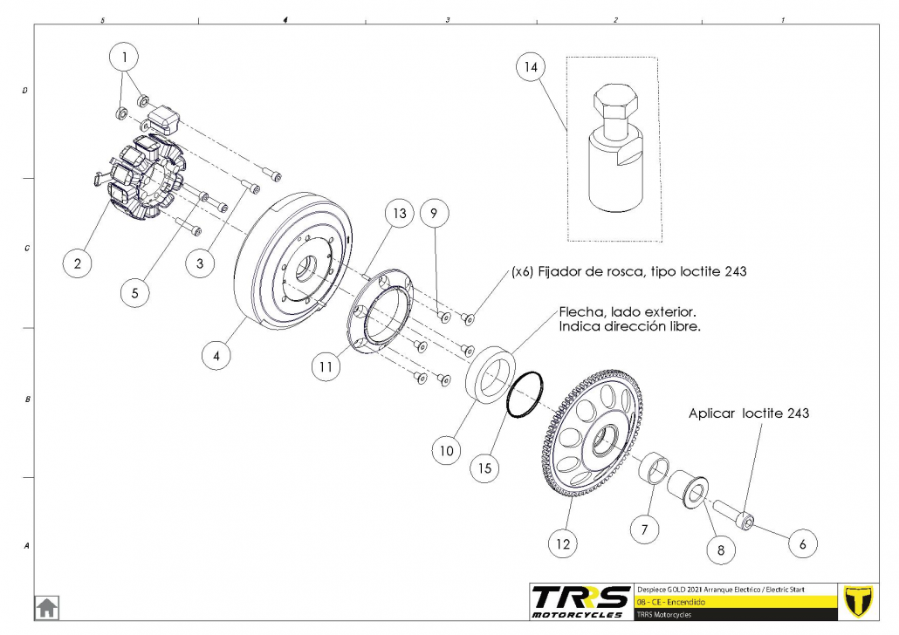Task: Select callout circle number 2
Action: [78, 263]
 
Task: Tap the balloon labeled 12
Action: [562, 543]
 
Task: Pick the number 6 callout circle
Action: [803, 543]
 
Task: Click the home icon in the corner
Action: [46, 606]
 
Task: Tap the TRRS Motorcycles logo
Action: [581, 600]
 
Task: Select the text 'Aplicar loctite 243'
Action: [748, 413]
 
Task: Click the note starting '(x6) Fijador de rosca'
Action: [629, 271]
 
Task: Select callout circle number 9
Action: [436, 211]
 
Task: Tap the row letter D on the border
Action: [24, 90]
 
